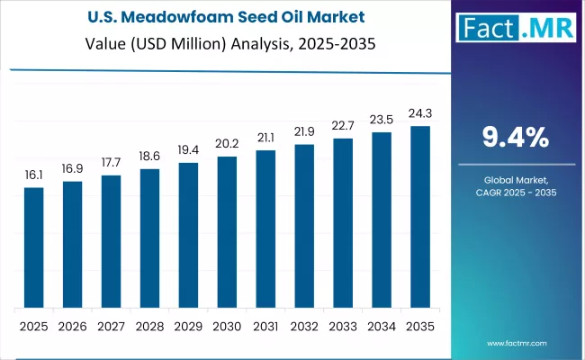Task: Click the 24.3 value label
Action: coord(420,114)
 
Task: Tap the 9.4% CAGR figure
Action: coord(515,138)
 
